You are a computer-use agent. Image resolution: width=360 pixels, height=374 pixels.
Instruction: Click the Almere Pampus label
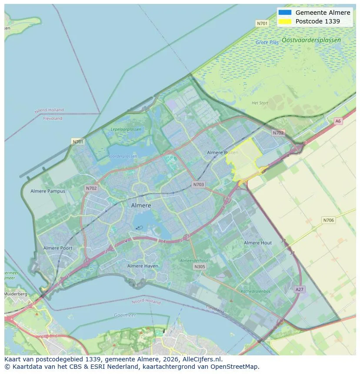point(48,191)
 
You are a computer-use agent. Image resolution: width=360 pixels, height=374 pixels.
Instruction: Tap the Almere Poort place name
point(58,248)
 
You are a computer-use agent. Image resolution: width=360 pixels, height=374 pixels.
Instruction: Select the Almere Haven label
point(143,266)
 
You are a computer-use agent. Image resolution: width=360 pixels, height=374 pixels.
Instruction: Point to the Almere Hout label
point(258,243)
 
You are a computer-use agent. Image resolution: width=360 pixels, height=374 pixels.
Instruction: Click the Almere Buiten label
point(223,152)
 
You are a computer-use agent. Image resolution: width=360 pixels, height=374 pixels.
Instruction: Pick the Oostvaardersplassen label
point(311,40)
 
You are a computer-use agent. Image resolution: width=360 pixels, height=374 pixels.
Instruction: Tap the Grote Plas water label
point(267,43)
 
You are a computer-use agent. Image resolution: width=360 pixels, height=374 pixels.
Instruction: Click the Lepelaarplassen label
point(126,129)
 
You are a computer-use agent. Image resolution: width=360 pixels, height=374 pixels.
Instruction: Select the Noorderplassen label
point(122,156)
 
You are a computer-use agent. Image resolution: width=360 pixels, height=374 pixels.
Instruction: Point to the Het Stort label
point(260,103)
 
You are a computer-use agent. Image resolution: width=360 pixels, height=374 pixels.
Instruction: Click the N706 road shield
point(329,220)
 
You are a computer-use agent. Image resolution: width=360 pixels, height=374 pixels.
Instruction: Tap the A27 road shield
point(300,289)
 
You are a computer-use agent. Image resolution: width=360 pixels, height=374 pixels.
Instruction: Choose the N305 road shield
point(200,267)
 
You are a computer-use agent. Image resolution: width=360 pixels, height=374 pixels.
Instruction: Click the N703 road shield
point(198,185)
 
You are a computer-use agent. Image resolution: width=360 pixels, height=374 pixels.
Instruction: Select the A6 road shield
point(338,121)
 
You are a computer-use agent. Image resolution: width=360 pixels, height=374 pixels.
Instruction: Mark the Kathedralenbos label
point(256,291)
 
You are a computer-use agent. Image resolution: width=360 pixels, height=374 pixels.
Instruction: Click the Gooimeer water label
point(125,315)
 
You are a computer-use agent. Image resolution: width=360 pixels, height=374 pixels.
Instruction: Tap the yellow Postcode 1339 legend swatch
point(285,21)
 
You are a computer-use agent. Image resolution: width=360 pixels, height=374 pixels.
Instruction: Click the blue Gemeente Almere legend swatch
point(285,13)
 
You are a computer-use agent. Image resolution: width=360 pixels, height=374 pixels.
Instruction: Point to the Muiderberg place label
point(15,294)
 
